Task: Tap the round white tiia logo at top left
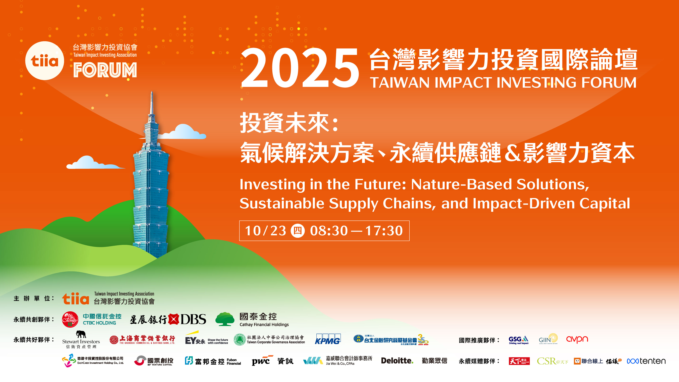pos(44,61)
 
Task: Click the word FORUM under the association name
pos(105,70)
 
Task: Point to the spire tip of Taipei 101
pos(152,93)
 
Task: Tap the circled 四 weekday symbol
pos(298,231)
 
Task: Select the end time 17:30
pos(384,231)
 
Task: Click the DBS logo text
pos(193,319)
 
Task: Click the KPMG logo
pos(328,339)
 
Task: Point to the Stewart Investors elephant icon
pos(81,334)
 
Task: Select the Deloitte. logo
pos(397,361)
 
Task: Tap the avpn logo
pos(577,339)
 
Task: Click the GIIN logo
pos(548,339)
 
